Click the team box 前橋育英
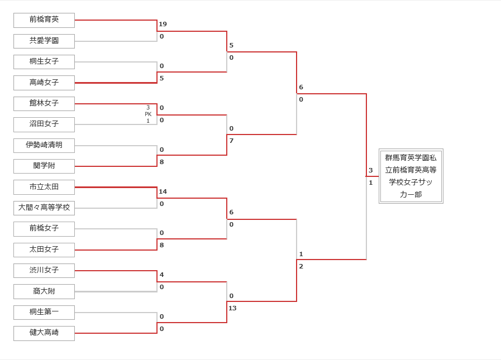tap(44, 20)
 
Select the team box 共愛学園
tap(44, 41)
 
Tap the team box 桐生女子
tap(44, 62)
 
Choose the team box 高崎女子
tap(44, 83)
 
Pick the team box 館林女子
tap(44, 104)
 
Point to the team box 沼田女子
tap(44, 124)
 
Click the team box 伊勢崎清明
tap(44, 146)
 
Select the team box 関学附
tap(44, 166)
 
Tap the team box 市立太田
tap(44, 187)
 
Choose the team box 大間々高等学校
tap(44, 208)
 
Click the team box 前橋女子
tap(44, 229)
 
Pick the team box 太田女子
tap(44, 250)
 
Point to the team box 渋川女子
tap(44, 271)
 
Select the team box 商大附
tap(44, 292)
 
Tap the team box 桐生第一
tap(44, 313)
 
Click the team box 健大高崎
tap(44, 333)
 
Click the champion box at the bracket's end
tap(411, 176)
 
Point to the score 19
tap(163, 24)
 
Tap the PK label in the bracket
tap(148, 114)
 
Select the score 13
tap(232, 308)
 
